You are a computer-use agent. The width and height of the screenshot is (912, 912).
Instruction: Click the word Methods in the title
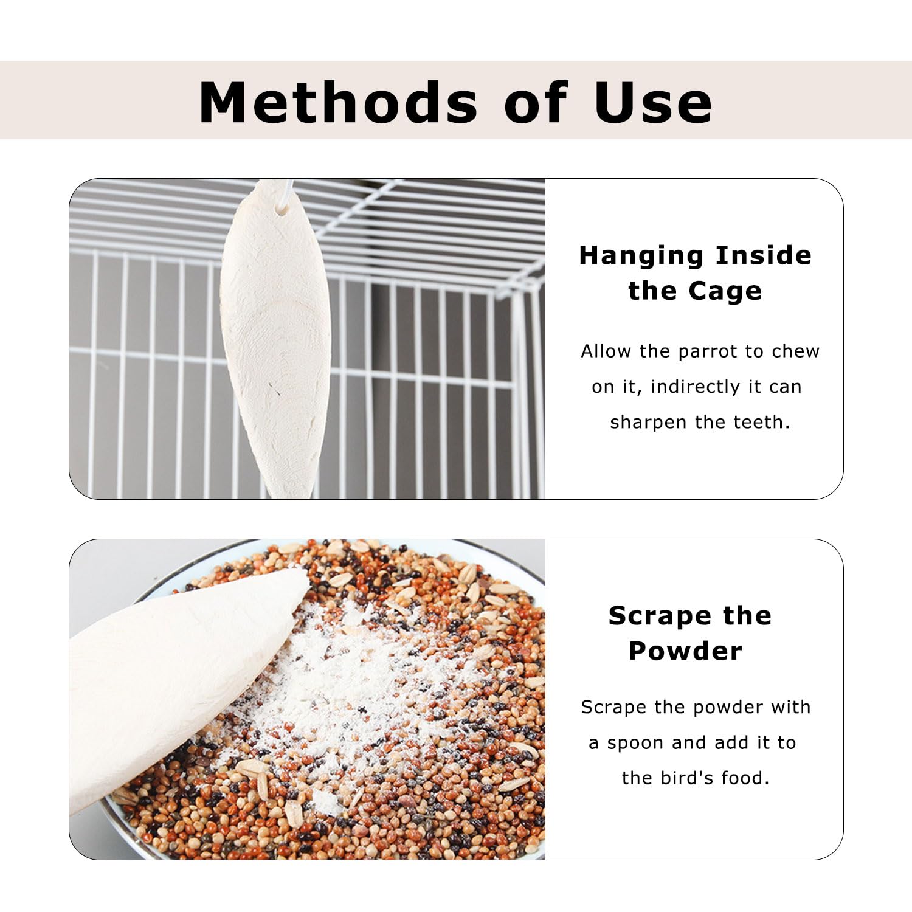coord(338,102)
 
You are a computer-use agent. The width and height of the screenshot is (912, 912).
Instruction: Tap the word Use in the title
coord(652,102)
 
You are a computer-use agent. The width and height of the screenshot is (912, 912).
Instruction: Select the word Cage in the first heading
coord(725,291)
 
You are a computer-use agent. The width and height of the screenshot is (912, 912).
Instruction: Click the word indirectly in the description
coord(695,387)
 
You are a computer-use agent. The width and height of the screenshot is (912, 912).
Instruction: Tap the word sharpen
coord(649,423)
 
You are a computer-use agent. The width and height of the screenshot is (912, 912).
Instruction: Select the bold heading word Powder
coord(685,651)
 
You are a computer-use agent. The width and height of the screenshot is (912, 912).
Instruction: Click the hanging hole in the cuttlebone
coord(282,209)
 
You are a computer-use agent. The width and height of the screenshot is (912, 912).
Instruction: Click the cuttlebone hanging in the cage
coord(275,340)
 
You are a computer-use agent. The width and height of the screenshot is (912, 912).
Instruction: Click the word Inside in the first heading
coord(763,256)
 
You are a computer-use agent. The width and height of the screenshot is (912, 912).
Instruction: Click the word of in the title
coord(536,102)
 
